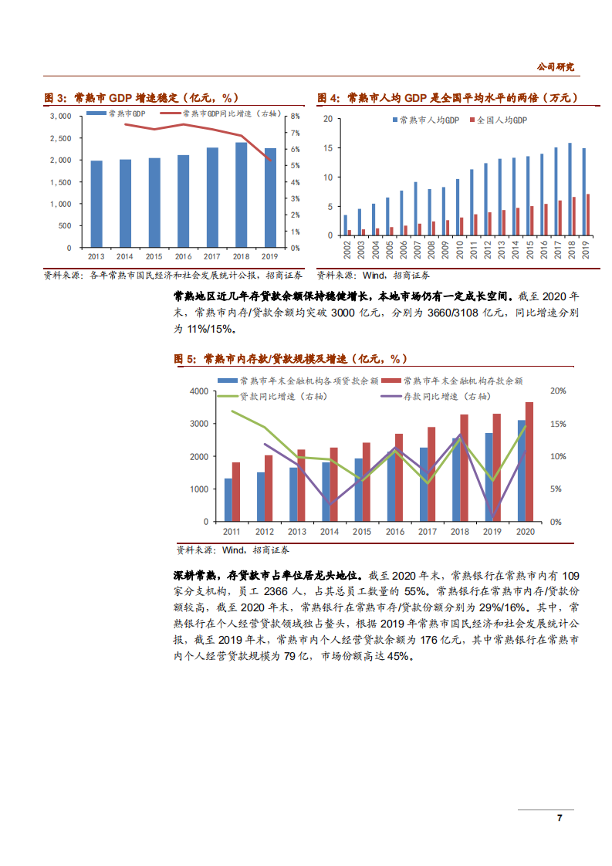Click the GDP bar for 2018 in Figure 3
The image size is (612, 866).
[x=242, y=195]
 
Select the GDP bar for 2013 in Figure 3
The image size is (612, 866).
[x=96, y=204]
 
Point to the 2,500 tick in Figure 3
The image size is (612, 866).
[x=60, y=137]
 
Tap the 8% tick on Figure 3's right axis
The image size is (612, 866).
[x=295, y=117]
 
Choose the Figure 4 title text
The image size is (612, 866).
[x=448, y=98]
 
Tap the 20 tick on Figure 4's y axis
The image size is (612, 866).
[x=328, y=119]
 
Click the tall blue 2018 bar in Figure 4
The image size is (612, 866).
[x=570, y=189]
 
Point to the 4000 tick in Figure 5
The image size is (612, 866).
[x=198, y=391]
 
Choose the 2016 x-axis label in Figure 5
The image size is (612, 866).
[x=394, y=532]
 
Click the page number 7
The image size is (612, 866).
[x=560, y=818]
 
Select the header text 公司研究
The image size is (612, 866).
[x=556, y=67]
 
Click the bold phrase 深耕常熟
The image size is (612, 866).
[x=192, y=575]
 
